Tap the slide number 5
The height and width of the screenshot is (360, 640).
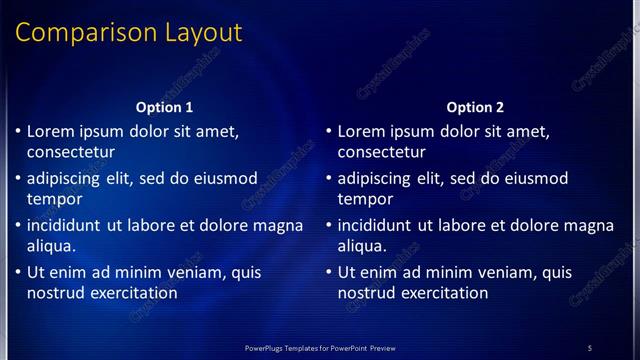(590, 348)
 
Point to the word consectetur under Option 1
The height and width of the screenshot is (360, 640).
(71, 152)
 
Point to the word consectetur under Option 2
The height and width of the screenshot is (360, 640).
(382, 152)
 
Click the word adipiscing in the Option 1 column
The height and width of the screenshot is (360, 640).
(67, 179)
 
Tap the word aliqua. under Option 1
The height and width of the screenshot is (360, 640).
(52, 245)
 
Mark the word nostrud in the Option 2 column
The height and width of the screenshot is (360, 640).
(365, 293)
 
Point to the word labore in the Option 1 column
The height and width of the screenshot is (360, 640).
(153, 225)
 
